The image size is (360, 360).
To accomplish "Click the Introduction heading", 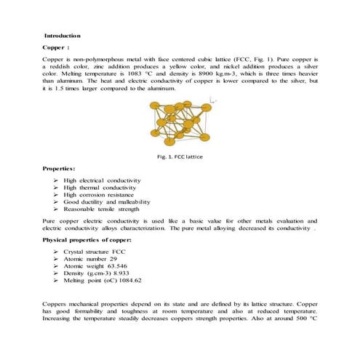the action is click(63, 36).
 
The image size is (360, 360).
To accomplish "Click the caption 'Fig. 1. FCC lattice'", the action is click(180, 156).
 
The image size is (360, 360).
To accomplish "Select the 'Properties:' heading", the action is click(61, 169).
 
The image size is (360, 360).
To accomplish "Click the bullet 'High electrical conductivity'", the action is click(102, 180).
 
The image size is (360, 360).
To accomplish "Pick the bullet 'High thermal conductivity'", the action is click(100, 187).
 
